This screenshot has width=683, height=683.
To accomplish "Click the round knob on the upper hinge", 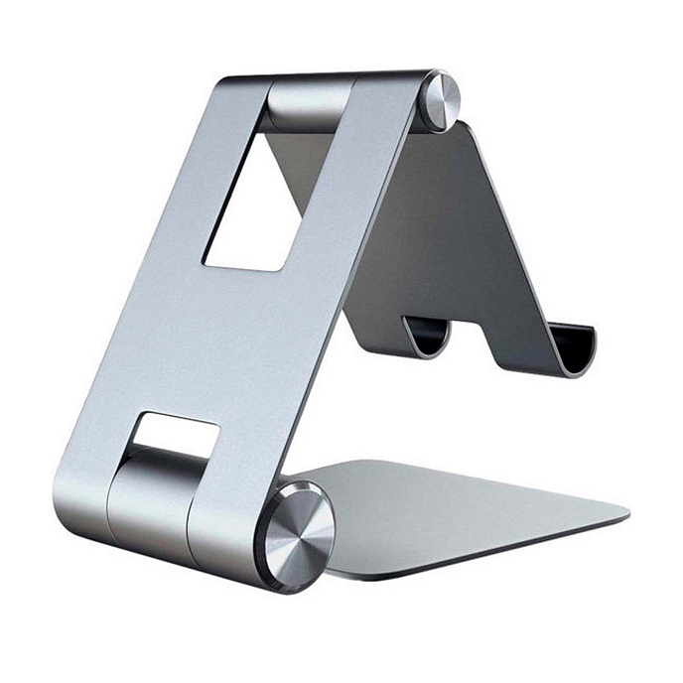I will [443, 99].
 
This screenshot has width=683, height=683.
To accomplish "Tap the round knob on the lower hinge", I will [294, 537].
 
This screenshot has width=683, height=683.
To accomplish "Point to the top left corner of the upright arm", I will [226, 83].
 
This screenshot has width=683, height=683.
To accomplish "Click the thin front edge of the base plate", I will [477, 561].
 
